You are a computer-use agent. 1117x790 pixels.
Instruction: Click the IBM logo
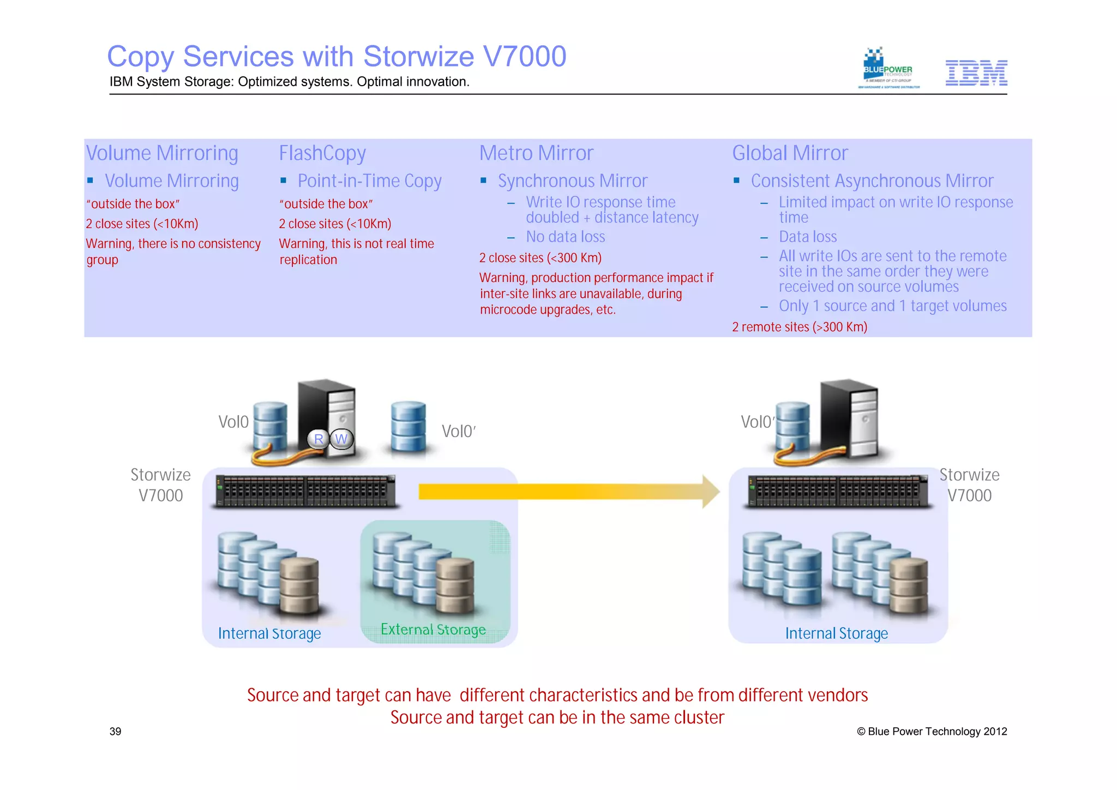[976, 73]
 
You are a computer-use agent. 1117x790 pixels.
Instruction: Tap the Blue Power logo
[888, 69]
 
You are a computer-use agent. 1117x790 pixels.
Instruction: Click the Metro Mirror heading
[536, 153]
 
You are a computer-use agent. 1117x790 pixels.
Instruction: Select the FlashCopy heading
[322, 153]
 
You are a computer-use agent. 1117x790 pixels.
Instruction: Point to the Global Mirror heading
[789, 153]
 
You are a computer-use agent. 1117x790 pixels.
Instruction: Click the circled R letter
[319, 439]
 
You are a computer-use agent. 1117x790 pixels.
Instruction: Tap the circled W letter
[341, 439]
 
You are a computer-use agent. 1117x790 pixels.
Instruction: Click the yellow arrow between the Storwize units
[567, 492]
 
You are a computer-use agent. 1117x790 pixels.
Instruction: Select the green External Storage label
[433, 630]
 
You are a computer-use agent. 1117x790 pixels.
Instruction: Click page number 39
[115, 732]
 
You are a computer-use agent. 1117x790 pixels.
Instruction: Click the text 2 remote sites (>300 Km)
[799, 327]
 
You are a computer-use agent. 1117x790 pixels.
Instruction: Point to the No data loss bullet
[565, 237]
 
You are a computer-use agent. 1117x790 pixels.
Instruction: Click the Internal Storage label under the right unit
[836, 633]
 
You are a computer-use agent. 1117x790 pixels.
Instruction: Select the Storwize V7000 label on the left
[160, 485]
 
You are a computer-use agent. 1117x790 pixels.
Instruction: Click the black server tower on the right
[849, 417]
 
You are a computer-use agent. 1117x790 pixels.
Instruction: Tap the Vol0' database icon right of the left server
[409, 427]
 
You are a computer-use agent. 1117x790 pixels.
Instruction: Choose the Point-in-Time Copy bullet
[369, 181]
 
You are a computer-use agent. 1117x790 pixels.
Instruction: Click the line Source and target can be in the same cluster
[557, 717]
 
